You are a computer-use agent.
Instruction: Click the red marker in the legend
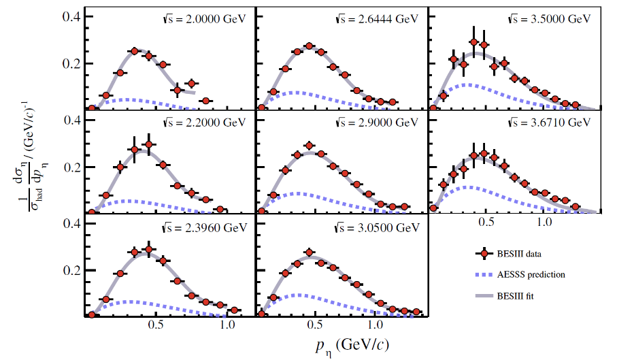tap(483, 254)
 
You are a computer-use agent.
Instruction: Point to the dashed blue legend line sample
tap(483, 275)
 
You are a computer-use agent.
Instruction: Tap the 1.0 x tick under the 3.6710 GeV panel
tap(542, 223)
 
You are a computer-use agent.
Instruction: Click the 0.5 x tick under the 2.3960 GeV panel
tap(156, 326)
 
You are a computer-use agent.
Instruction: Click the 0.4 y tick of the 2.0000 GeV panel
tap(72, 16)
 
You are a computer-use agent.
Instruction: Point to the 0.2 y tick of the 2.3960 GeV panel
tap(72, 270)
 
